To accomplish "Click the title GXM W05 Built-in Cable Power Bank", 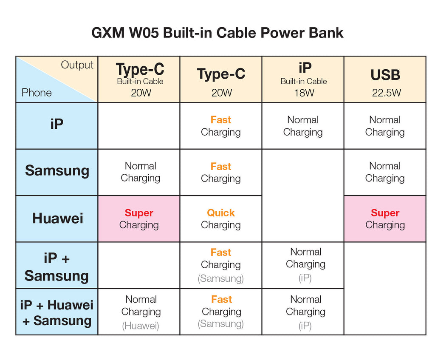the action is click(217, 33).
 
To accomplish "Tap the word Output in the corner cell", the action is click(77, 65).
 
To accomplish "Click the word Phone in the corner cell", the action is click(37, 92).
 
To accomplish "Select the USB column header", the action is click(385, 75).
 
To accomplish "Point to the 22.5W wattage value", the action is click(387, 93).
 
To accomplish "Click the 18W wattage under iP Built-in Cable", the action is click(304, 93).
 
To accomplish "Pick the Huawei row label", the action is click(58, 218).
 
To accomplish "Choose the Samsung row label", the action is click(57, 171).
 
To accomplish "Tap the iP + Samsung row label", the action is click(56, 267).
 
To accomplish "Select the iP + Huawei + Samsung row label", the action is click(56, 313).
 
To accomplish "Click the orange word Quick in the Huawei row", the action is click(221, 213).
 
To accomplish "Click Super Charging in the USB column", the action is click(385, 219).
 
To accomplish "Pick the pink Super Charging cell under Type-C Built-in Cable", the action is click(139, 219).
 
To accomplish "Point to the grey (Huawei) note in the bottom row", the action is click(141, 326).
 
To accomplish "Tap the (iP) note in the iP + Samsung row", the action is click(305, 278).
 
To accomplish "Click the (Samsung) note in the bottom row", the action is click(221, 324).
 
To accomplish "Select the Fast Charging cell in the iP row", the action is click(221, 126).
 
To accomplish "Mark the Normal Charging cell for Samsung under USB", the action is click(385, 173).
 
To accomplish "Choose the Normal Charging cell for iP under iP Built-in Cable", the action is click(303, 126).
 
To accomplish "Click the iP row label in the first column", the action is click(57, 124).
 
